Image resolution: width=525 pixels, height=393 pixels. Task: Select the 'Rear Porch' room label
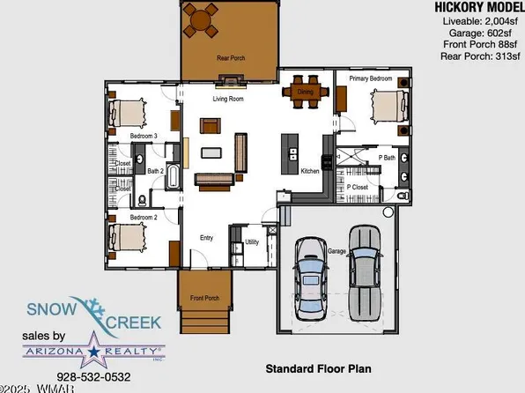(x=231, y=59)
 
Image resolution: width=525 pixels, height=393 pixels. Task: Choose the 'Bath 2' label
(x=156, y=171)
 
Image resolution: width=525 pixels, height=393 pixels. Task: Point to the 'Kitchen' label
(x=310, y=171)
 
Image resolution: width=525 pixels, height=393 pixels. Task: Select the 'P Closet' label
(x=357, y=187)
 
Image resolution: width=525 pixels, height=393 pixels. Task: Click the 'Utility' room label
(x=251, y=241)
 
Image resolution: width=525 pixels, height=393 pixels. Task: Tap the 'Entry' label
(x=206, y=238)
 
